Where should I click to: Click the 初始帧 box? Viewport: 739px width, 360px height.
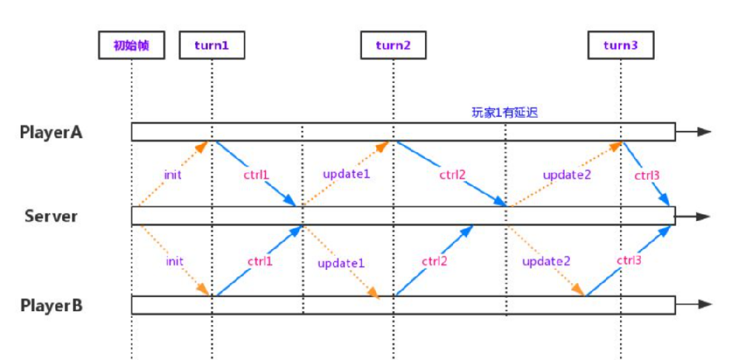tap(132, 46)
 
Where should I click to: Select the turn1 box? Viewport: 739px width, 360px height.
tap(212, 46)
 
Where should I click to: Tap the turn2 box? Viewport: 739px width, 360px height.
tap(394, 46)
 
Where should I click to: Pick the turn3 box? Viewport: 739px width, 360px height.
tap(621, 46)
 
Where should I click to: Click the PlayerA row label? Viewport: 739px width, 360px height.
tap(52, 132)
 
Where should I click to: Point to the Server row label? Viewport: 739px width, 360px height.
tap(51, 217)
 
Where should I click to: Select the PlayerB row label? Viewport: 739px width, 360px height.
tap(52, 306)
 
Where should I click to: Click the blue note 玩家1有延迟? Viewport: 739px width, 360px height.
tap(505, 112)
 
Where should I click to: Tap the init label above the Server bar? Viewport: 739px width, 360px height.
tap(173, 174)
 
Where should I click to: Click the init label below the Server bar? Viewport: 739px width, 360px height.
tap(174, 260)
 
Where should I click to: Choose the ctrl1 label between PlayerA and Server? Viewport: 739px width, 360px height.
tap(257, 175)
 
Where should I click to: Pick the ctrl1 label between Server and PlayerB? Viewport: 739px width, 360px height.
tap(259, 261)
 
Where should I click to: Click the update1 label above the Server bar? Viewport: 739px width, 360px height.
tap(347, 174)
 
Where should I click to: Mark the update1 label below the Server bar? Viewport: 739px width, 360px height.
tap(341, 263)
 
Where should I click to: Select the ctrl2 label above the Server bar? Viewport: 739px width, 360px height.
tap(453, 175)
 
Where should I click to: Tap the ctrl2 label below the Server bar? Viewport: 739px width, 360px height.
tap(434, 261)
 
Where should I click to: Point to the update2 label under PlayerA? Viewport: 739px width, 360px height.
tap(567, 175)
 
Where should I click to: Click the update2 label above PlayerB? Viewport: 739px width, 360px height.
tap(546, 261)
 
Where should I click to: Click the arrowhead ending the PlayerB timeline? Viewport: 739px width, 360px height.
tap(704, 305)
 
